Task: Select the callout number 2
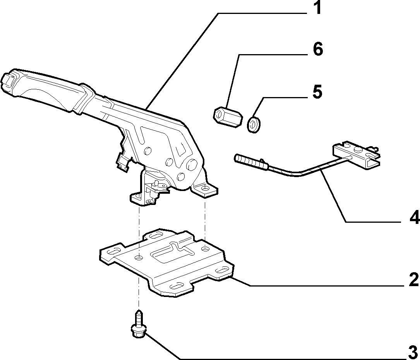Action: pyautogui.click(x=413, y=280)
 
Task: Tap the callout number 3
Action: pyautogui.click(x=413, y=353)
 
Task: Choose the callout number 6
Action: pyautogui.click(x=318, y=49)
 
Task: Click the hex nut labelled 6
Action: pyautogui.click(x=228, y=117)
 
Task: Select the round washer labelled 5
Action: pyautogui.click(x=254, y=125)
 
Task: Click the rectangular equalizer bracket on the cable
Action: pyautogui.click(x=356, y=155)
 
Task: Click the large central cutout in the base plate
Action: pyautogui.click(x=174, y=251)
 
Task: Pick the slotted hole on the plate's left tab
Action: pyautogui.click(x=114, y=251)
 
